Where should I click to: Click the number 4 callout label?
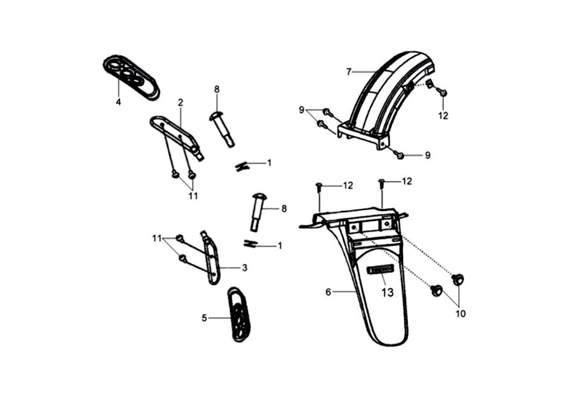click(118, 102)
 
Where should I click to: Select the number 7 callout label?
click(349, 72)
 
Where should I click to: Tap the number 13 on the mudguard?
click(387, 292)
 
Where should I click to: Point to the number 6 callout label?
click(328, 292)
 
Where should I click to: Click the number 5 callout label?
click(205, 317)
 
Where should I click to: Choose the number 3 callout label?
click(244, 267)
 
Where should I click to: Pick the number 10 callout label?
click(460, 314)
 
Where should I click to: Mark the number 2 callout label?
click(180, 102)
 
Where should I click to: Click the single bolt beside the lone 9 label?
click(400, 156)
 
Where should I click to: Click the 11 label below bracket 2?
click(193, 196)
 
